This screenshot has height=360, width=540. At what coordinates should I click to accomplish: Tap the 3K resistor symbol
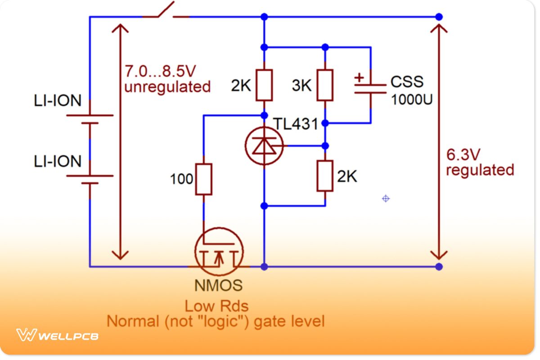pos(325,85)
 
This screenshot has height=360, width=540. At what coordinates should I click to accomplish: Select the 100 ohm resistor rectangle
pos(203,179)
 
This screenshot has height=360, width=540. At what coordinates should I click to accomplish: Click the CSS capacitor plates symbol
pos(370,88)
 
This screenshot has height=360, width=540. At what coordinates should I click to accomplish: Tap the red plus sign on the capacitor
pos(359,77)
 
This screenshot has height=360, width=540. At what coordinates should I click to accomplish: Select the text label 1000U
pos(412,99)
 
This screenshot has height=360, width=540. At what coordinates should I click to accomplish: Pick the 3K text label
pos(301,85)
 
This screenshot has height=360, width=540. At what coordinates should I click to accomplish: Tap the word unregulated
pos(167,86)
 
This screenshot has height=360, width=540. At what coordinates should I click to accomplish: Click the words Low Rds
pos(216,306)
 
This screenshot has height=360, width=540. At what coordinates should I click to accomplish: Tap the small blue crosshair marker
pos(386,198)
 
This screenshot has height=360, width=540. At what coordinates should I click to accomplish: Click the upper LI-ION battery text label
pos(58,100)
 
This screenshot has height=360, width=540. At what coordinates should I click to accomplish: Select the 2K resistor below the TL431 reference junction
pos(325,175)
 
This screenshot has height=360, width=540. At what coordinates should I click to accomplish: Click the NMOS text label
pos(218,285)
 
